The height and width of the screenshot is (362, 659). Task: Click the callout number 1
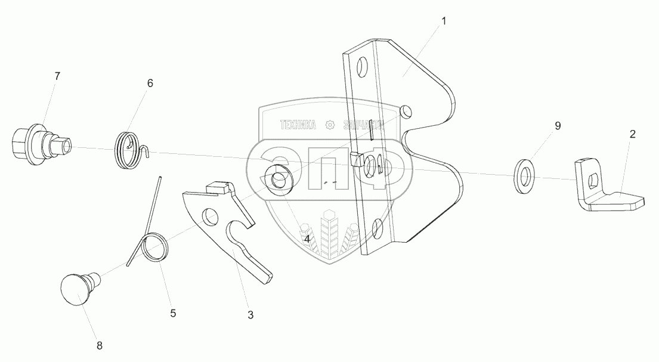443,21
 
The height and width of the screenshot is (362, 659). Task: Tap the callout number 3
250,314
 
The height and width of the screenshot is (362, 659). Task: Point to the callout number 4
307,239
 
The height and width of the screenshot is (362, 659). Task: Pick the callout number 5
173,312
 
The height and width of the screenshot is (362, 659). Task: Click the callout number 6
150,83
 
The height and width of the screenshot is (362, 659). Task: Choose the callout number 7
57,76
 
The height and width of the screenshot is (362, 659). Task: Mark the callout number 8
100,345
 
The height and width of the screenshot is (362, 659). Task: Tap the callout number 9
558,126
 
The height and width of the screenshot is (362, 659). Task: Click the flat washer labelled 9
525,176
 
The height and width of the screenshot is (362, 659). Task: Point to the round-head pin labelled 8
76,289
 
